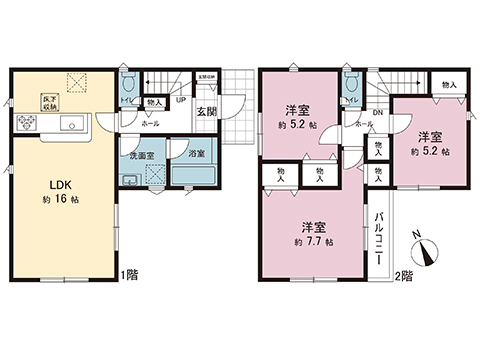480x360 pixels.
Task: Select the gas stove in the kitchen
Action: point(26,124)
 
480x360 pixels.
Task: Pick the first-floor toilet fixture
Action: point(128,85)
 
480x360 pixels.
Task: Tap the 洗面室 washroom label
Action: point(137,157)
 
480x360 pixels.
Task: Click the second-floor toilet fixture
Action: point(351,86)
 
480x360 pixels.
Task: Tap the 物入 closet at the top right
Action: point(449,85)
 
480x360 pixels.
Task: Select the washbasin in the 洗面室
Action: point(129,180)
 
